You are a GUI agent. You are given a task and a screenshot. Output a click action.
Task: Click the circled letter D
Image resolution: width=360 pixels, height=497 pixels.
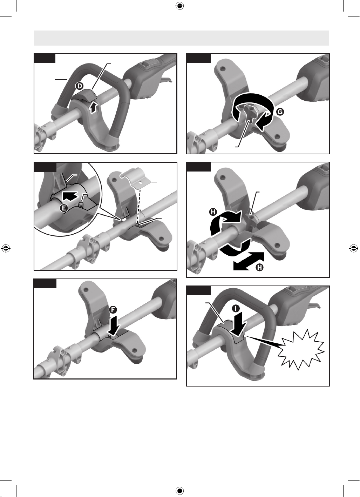[x=80, y=86]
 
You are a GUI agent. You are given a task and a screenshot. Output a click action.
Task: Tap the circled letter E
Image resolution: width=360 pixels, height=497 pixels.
[x=64, y=208]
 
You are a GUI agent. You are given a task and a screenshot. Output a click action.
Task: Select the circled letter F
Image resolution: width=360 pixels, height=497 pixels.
[x=113, y=310]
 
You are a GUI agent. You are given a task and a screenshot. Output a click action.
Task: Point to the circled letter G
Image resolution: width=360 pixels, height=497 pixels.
[x=280, y=112]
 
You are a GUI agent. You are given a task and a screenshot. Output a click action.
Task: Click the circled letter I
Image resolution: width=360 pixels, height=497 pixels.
[x=236, y=308]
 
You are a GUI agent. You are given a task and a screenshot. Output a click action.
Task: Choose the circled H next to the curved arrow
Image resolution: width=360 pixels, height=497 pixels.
[x=213, y=212]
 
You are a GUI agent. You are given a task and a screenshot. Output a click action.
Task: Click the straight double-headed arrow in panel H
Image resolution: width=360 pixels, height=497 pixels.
[x=249, y=261]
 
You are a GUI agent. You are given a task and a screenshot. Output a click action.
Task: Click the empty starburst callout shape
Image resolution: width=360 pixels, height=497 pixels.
[x=301, y=350]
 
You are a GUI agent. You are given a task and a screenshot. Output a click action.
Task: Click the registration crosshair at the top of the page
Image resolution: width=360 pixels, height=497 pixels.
[x=180, y=6]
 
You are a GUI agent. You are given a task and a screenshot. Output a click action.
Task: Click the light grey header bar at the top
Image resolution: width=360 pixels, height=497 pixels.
[x=182, y=38]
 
